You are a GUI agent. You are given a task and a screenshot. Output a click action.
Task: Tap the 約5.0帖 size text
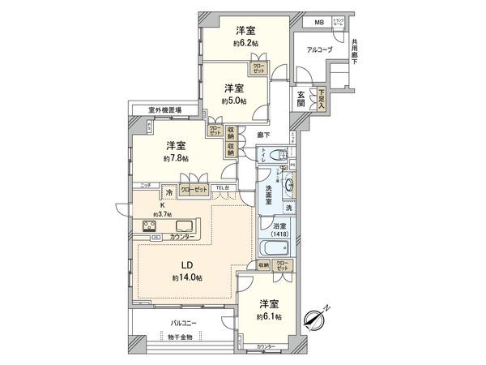click(x=234, y=101)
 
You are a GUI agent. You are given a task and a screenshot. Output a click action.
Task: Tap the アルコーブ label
click(x=320, y=49)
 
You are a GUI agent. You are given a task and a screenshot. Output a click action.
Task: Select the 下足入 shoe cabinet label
click(x=322, y=100)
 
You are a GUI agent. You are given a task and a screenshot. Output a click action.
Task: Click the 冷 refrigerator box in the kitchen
click(x=168, y=192)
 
